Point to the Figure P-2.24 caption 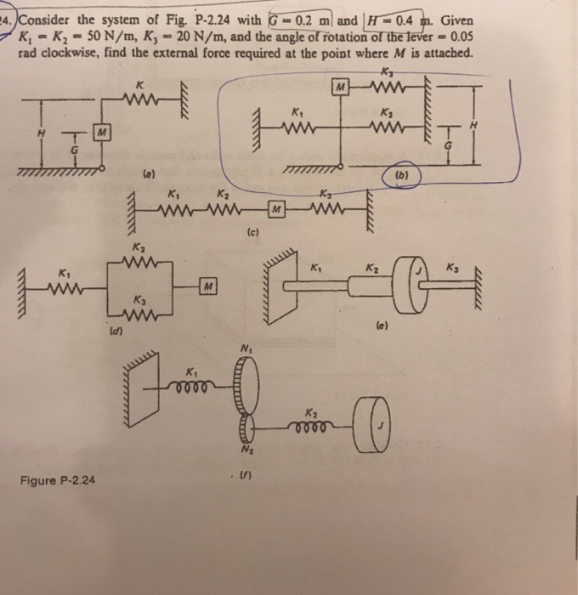[59, 480]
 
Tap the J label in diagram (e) [416, 271]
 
